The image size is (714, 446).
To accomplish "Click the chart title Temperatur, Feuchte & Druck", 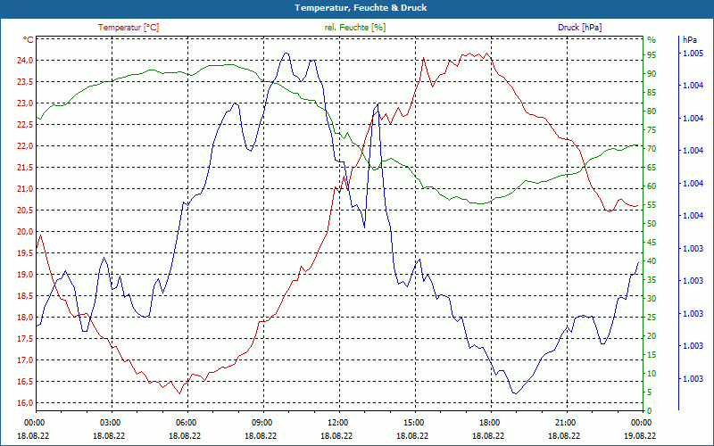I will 357,7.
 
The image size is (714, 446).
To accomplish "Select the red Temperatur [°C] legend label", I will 129,28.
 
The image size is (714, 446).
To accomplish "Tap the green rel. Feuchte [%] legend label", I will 355,28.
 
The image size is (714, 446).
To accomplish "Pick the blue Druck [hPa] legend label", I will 579,28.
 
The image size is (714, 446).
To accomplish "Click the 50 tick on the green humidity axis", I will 652,224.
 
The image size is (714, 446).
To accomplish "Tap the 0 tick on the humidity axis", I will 649,411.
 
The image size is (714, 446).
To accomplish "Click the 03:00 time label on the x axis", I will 111,423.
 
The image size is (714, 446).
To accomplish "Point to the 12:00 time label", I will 338,423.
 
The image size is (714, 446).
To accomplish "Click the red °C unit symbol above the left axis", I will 29,40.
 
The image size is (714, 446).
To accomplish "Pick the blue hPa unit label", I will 690,40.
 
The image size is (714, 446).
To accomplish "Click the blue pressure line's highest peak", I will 286,53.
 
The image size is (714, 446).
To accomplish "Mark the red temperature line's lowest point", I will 179,393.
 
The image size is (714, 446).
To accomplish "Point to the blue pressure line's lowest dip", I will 514,393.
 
